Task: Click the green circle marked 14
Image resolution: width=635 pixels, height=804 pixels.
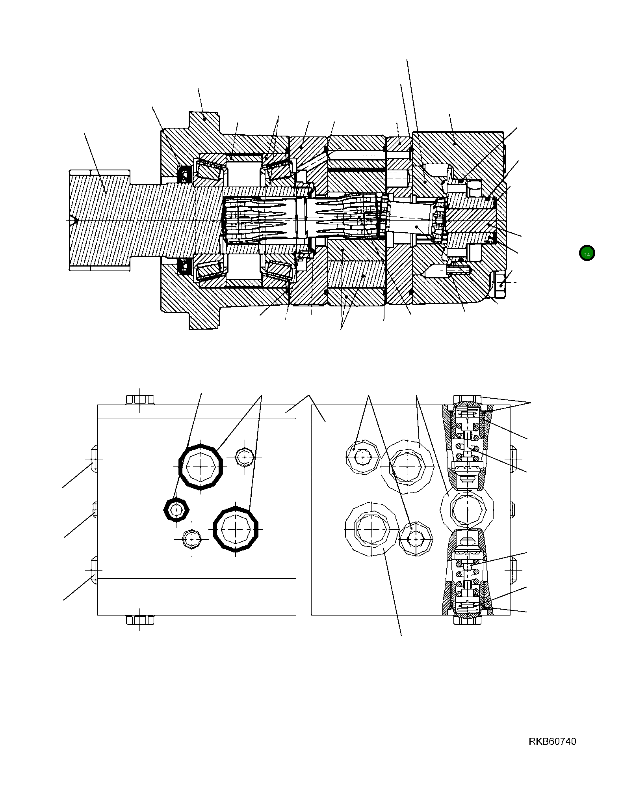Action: click(587, 254)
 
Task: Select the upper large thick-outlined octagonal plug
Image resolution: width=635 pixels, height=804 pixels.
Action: click(201, 466)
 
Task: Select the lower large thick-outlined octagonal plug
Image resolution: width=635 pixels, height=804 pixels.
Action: click(236, 529)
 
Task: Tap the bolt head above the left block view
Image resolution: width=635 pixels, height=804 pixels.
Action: click(140, 399)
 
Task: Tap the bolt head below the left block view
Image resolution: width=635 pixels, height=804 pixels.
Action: click(140, 620)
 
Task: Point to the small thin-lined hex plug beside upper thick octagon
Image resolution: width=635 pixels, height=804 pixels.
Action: click(245, 457)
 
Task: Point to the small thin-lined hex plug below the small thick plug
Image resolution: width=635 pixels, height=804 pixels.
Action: click(192, 539)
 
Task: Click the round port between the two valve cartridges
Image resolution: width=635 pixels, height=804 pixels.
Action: click(466, 509)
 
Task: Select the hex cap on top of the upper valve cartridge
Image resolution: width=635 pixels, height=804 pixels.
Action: click(467, 399)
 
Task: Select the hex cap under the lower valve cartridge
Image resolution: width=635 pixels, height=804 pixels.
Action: click(467, 619)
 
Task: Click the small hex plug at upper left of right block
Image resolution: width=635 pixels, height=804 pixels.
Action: click(362, 457)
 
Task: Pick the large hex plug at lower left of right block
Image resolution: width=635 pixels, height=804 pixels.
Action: click(371, 529)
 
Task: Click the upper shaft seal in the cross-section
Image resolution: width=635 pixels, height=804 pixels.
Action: click(184, 174)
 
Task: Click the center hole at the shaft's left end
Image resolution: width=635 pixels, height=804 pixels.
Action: click(73, 220)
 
